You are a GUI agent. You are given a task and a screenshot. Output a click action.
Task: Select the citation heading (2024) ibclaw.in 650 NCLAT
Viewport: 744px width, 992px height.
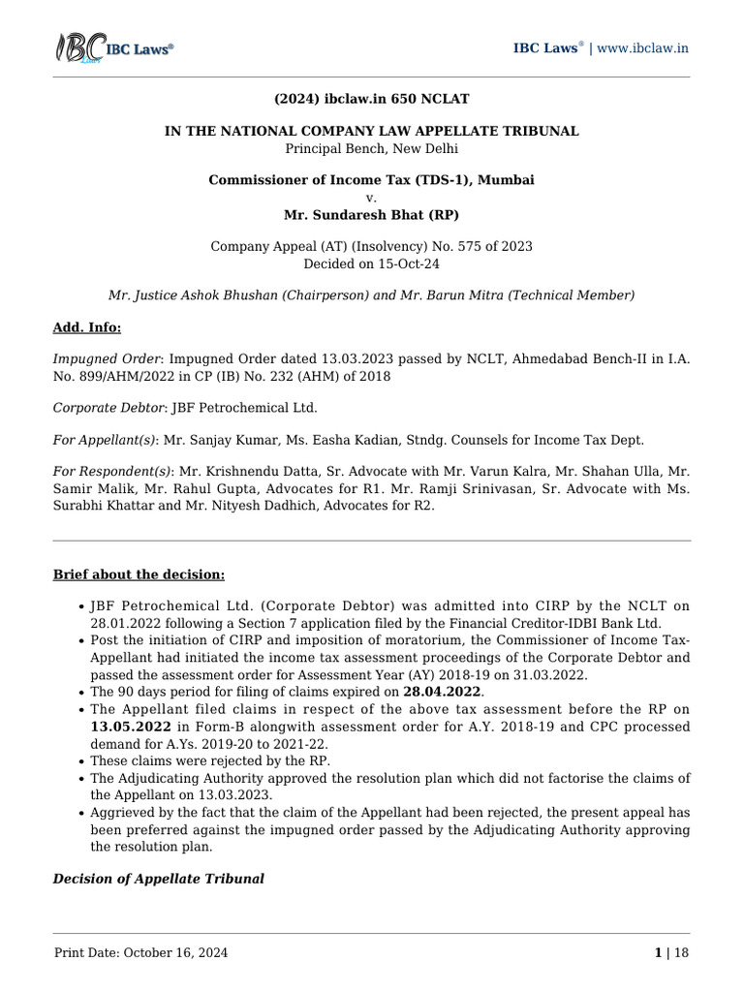pyautogui.click(x=371, y=99)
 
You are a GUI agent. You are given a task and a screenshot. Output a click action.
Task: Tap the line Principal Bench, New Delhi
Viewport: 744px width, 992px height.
pyautogui.click(x=371, y=148)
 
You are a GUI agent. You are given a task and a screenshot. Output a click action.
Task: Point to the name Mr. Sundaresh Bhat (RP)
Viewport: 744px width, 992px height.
pyautogui.click(x=371, y=214)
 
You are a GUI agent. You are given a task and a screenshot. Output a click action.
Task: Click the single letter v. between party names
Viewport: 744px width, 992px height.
pyautogui.click(x=372, y=197)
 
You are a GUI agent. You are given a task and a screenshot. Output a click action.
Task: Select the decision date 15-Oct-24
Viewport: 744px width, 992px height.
pyautogui.click(x=406, y=263)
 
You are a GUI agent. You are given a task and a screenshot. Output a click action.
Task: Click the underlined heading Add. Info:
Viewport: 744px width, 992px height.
pyautogui.click(x=87, y=327)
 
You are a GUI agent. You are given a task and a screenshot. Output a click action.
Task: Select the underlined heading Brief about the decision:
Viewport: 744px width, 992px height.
pyautogui.click(x=139, y=574)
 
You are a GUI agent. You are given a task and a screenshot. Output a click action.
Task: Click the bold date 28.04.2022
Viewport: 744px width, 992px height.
pyautogui.click(x=441, y=692)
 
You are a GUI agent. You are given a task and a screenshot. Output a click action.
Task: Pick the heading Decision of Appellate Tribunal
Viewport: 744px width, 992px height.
pyautogui.click(x=158, y=879)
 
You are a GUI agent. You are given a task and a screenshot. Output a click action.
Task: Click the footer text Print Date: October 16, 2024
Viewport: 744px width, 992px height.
pyautogui.click(x=141, y=953)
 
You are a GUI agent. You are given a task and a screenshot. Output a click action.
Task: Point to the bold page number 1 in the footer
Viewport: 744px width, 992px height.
pyautogui.click(x=658, y=953)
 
